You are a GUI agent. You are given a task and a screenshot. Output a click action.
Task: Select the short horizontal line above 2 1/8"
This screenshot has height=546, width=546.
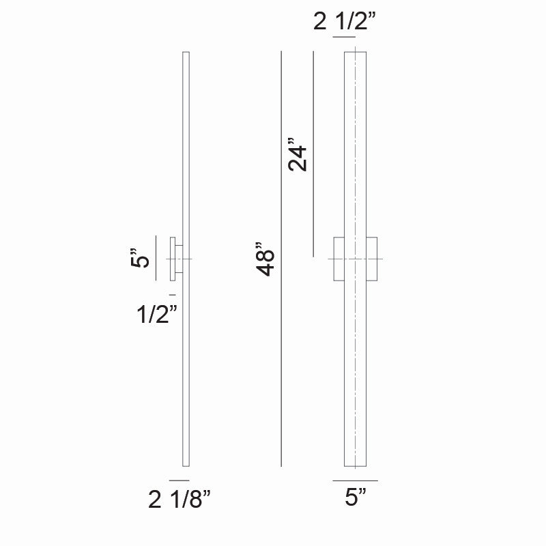179,480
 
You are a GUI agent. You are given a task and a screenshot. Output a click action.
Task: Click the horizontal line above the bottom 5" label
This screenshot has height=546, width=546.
356,480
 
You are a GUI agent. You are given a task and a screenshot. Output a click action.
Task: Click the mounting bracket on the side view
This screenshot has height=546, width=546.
175,259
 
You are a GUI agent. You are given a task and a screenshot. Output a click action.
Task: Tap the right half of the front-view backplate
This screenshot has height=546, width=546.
372,259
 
